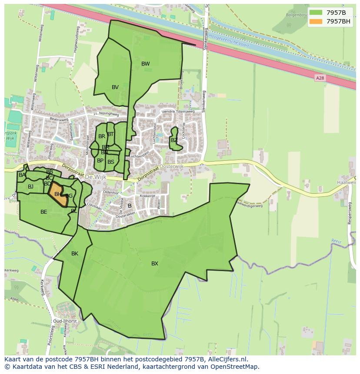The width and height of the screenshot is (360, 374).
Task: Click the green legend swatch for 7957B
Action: pos(316,12)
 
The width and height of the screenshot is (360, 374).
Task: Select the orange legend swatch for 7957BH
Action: pos(316,21)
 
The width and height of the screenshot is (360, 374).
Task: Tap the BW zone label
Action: pos(145,64)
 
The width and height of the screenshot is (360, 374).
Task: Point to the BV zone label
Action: pos(115,87)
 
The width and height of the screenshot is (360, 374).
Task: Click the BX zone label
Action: pos(155,264)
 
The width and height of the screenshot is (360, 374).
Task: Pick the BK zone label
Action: pos(75,254)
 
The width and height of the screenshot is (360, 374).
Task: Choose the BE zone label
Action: pos(43,212)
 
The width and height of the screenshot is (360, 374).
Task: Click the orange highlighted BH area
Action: pos(58,194)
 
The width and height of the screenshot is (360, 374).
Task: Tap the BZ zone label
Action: pos(174,140)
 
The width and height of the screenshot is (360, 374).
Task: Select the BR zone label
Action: pos(101,136)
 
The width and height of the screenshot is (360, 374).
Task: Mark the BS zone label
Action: pos(111,162)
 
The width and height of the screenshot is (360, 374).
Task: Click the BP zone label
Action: pos(100,161)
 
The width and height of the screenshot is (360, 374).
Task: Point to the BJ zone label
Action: pos(30,187)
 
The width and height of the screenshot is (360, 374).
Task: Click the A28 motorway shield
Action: pos(320,78)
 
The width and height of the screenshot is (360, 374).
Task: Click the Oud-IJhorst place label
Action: pos(64,321)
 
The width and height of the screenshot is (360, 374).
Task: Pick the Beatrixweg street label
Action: pos(59,119)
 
